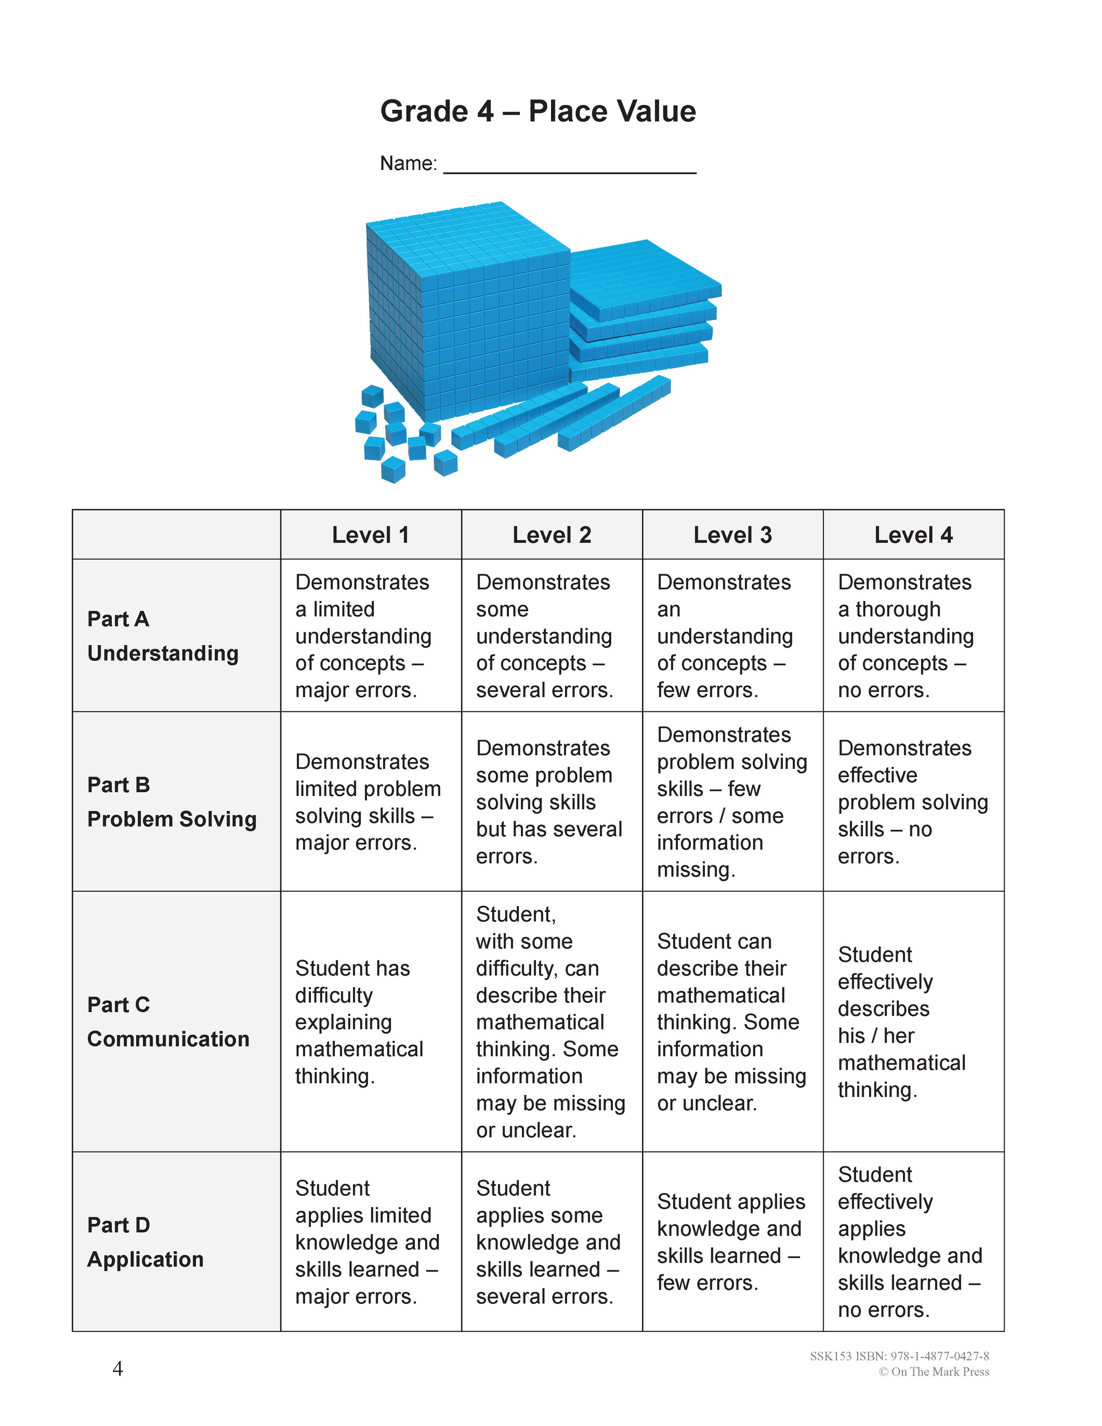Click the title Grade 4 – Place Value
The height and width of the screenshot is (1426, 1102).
click(x=538, y=111)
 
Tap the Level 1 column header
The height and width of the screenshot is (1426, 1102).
click(x=370, y=535)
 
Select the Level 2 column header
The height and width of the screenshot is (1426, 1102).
click(x=552, y=535)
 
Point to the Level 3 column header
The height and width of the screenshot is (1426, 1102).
click(x=732, y=535)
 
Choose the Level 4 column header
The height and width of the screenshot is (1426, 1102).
click(x=913, y=535)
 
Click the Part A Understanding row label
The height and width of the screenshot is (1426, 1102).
click(x=163, y=636)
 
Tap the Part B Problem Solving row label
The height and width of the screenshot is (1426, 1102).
click(x=172, y=801)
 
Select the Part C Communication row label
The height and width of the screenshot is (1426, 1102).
click(x=168, y=1021)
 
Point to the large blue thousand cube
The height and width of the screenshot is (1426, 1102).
click(x=467, y=313)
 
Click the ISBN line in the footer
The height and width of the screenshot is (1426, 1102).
click(x=899, y=1356)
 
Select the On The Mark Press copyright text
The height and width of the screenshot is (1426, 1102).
click(x=934, y=1372)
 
